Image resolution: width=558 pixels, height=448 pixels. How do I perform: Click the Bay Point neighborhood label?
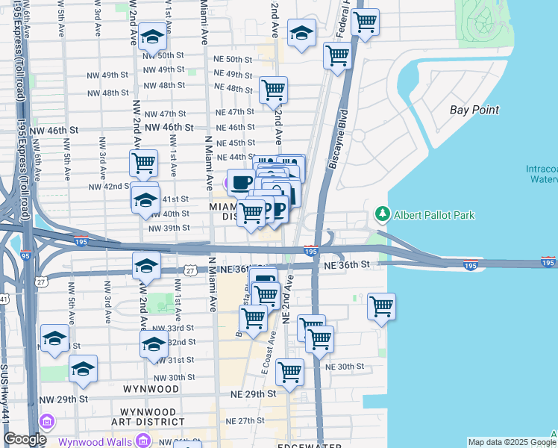coord(474,110)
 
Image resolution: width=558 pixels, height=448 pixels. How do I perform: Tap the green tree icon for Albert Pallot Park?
coord(383,215)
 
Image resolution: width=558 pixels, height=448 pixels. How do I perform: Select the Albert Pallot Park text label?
coord(435,215)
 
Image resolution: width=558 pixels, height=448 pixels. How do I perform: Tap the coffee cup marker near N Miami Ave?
coord(240,182)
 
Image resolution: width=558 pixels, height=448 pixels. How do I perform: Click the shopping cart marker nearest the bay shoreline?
coord(381,305)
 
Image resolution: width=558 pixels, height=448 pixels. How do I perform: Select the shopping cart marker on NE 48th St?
coord(273,90)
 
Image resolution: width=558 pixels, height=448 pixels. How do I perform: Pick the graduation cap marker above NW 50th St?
coord(152,37)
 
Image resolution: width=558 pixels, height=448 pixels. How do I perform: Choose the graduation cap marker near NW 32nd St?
coord(154,343)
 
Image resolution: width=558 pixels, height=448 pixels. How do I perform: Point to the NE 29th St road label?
coord(254,393)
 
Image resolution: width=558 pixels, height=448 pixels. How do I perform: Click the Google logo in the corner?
coord(25,439)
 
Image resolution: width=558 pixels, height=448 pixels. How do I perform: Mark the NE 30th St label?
coord(344,367)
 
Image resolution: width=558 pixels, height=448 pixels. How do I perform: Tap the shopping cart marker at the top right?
coord(365,22)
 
